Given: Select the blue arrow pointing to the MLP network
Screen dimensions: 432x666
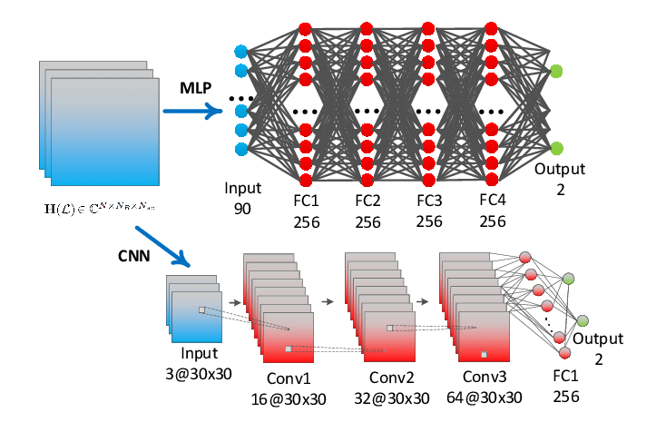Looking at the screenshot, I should (192, 112).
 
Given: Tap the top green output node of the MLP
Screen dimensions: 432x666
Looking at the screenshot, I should (555, 70).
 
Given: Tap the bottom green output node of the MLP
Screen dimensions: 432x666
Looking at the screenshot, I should (555, 147).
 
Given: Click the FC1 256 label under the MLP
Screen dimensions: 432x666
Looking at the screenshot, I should (306, 211).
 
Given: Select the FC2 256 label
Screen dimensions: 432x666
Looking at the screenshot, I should (368, 211).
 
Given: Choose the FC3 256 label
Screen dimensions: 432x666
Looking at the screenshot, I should (430, 211).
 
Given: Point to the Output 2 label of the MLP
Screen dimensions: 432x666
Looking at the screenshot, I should (560, 179).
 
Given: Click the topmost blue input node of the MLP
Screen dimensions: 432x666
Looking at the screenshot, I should (241, 51).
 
